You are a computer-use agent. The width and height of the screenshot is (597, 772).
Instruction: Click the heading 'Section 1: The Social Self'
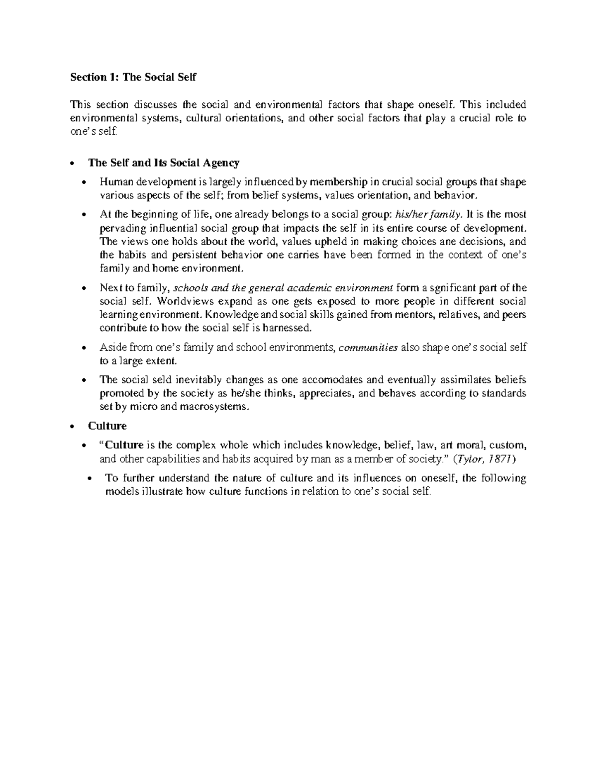click(133, 77)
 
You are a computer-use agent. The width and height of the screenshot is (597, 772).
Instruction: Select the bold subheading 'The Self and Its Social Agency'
click(163, 163)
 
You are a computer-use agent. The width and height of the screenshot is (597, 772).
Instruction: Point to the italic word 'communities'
click(368, 347)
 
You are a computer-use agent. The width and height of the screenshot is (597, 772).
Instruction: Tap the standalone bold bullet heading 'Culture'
click(107, 426)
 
